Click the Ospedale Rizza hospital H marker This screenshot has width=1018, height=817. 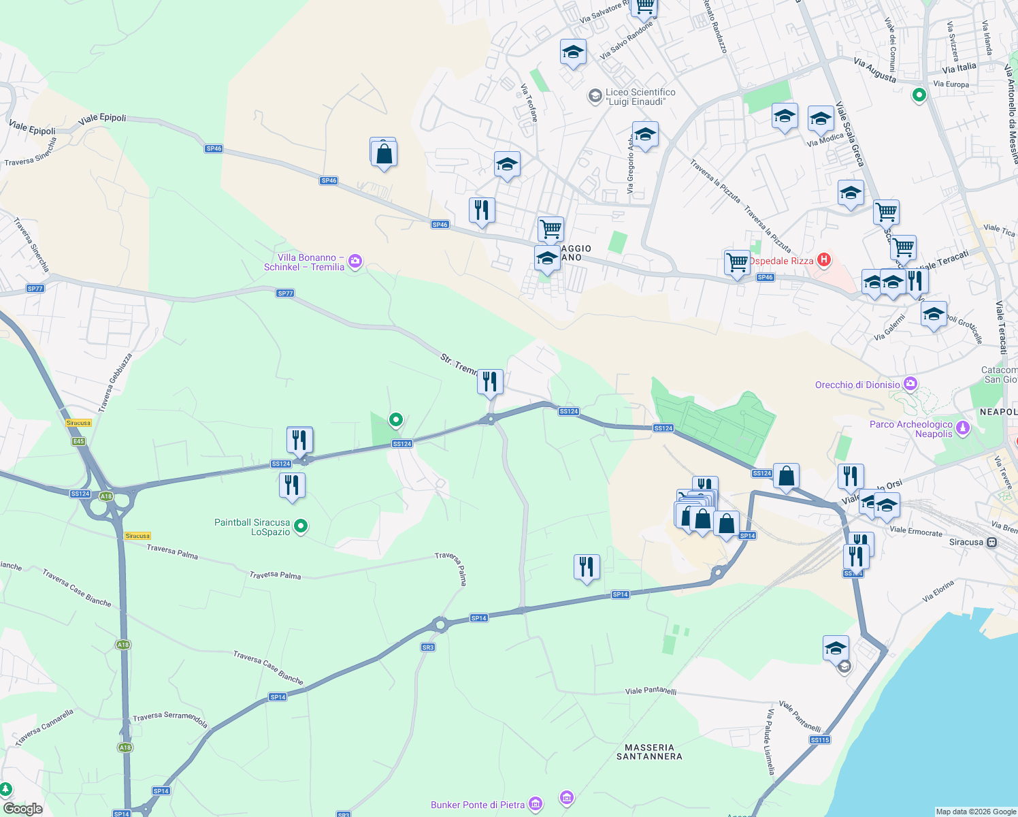pyautogui.click(x=824, y=259)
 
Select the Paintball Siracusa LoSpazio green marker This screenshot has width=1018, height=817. pyautogui.click(x=301, y=526)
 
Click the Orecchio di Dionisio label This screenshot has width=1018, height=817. pyautogui.click(x=857, y=385)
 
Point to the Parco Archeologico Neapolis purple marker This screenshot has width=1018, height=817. pyautogui.click(x=962, y=428)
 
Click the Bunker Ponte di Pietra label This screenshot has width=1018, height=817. pyautogui.click(x=478, y=805)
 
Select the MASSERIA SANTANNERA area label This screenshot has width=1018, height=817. pyautogui.click(x=649, y=752)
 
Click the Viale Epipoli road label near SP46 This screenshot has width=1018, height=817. pyautogui.click(x=102, y=118)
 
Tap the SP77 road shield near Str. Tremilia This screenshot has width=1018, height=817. pyautogui.click(x=285, y=293)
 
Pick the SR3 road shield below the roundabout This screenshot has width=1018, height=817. pyautogui.click(x=427, y=647)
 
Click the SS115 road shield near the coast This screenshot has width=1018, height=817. pyautogui.click(x=820, y=739)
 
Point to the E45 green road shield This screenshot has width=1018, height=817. pyautogui.click(x=79, y=441)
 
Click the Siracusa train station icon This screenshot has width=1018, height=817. pyautogui.click(x=992, y=543)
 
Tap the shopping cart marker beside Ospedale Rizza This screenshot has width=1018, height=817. pyautogui.click(x=737, y=261)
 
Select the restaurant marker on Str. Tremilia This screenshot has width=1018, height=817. pyautogui.click(x=490, y=382)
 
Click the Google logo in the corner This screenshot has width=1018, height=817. pyautogui.click(x=22, y=809)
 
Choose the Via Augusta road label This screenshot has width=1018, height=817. pyautogui.click(x=874, y=70)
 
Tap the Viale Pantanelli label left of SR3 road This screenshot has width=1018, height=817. pyautogui.click(x=651, y=690)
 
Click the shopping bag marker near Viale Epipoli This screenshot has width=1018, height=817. pyautogui.click(x=384, y=153)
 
